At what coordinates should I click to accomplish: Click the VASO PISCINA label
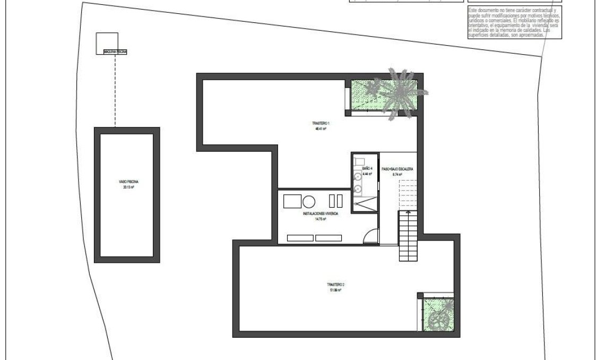[x=127, y=182]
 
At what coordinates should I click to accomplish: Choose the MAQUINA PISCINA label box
[x=115, y=52]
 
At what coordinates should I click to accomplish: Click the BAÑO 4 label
[x=367, y=168]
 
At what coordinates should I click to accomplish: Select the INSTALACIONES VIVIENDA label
[x=321, y=213]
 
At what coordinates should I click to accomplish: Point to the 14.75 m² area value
[x=321, y=218]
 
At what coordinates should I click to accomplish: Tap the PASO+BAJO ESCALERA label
[x=397, y=168]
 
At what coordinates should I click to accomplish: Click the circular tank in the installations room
[x=309, y=201]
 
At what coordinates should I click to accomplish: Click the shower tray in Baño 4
[x=366, y=204]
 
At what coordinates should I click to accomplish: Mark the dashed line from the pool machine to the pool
[x=115, y=90]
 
